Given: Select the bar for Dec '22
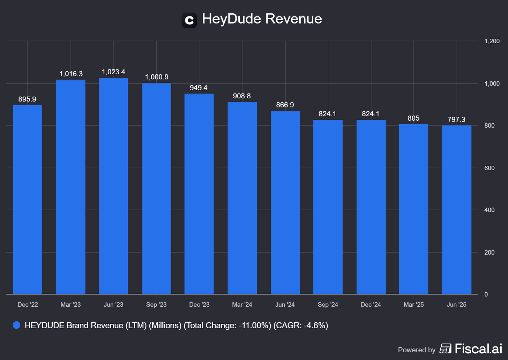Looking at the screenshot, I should click(28, 200).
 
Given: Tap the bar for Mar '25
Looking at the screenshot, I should click(413, 209).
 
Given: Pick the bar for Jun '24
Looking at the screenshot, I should click(285, 202).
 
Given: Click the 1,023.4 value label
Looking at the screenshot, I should click(113, 72).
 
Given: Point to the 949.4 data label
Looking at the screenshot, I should click(199, 88).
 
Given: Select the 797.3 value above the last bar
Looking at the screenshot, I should click(456, 120).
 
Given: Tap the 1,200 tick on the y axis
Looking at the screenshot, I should click(492, 41).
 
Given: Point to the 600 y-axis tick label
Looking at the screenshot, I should click(490, 168).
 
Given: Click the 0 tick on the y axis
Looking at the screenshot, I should click(486, 294).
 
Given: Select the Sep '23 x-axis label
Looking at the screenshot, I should click(156, 305).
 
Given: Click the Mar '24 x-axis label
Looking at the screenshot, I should click(242, 305).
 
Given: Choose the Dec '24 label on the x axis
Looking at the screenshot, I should click(371, 305).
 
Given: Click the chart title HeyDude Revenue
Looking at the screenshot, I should click(262, 19).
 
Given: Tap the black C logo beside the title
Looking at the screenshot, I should click(189, 20).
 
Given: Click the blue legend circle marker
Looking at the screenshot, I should click(16, 325).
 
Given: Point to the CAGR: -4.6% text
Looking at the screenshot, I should click(300, 325).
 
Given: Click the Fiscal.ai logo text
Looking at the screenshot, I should click(478, 348).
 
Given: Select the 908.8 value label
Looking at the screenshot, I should click(242, 96).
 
